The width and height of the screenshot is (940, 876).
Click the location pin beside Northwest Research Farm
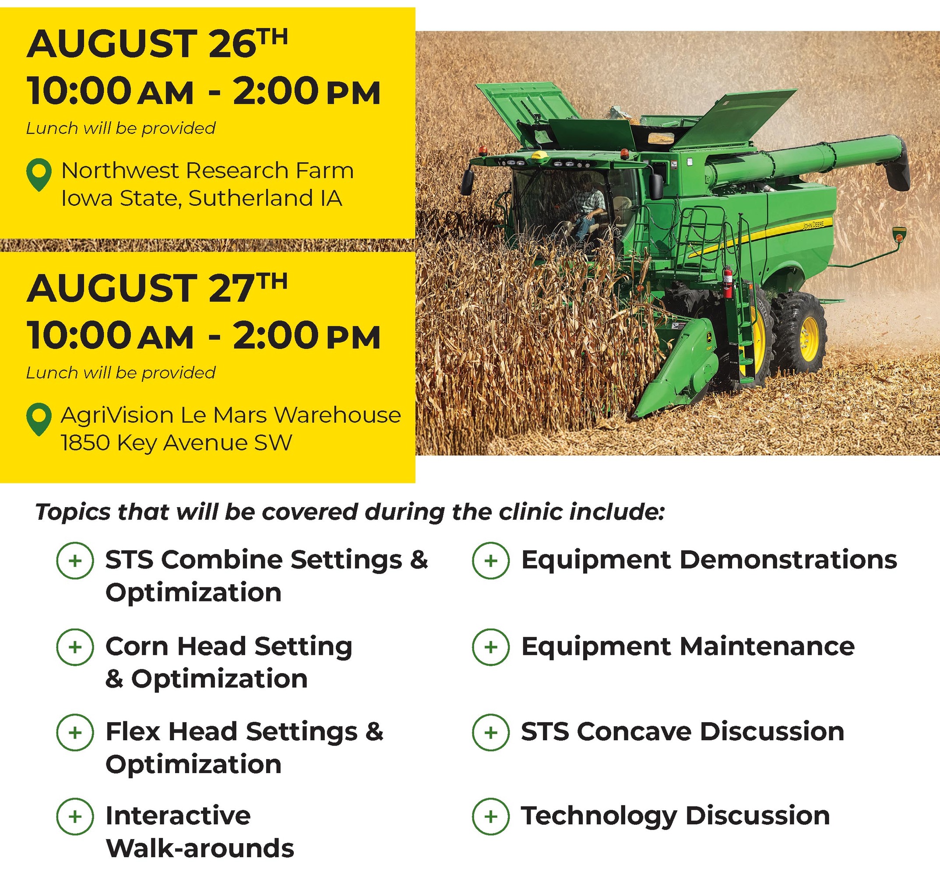pyautogui.click(x=39, y=174)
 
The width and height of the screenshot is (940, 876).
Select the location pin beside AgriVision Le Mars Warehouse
pyautogui.click(x=39, y=419)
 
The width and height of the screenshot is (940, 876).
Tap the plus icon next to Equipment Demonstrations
pyautogui.click(x=491, y=561)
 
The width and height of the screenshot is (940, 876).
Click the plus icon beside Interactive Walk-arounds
pyautogui.click(x=75, y=816)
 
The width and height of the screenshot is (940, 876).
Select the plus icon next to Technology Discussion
pyautogui.click(x=491, y=816)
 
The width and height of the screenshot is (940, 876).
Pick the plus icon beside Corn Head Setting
pyautogui.click(x=75, y=647)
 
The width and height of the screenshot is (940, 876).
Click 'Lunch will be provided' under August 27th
pyautogui.click(x=121, y=373)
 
